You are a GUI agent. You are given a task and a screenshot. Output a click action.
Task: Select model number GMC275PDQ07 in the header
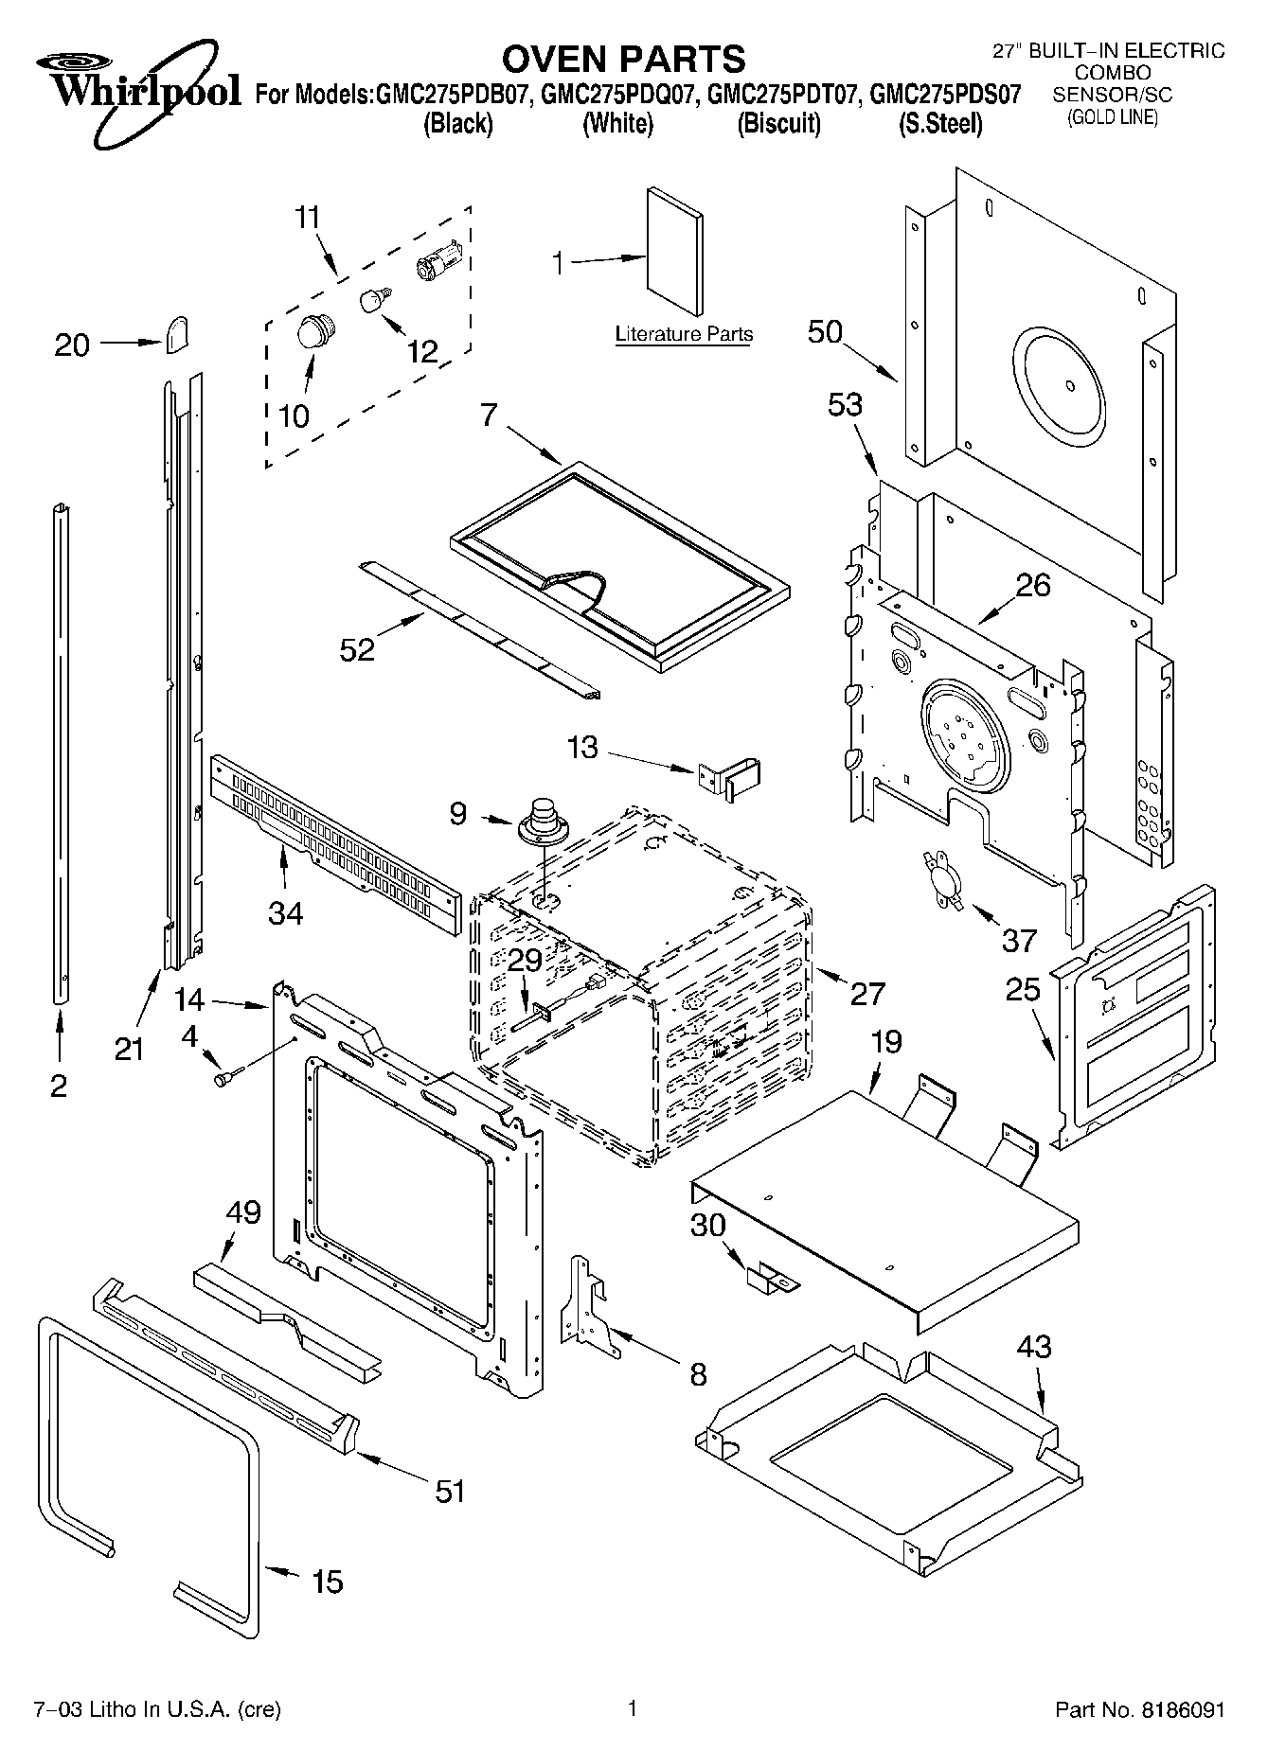tap(619, 95)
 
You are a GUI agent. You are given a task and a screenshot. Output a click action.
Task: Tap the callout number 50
tap(825, 332)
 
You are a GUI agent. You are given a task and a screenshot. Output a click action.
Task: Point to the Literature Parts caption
tap(684, 334)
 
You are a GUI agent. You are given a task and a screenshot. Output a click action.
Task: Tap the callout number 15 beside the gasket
tap(328, 1581)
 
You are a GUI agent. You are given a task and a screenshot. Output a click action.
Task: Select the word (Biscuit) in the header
tap(778, 124)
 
